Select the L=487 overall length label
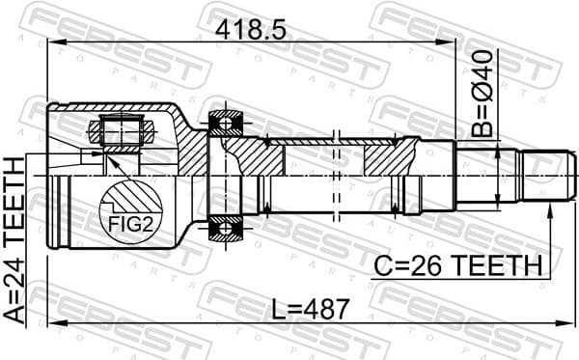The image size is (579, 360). point(306,311)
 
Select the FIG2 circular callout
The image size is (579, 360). point(126,217)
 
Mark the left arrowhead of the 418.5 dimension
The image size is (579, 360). point(53,42)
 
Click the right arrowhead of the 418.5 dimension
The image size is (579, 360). point(451,42)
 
